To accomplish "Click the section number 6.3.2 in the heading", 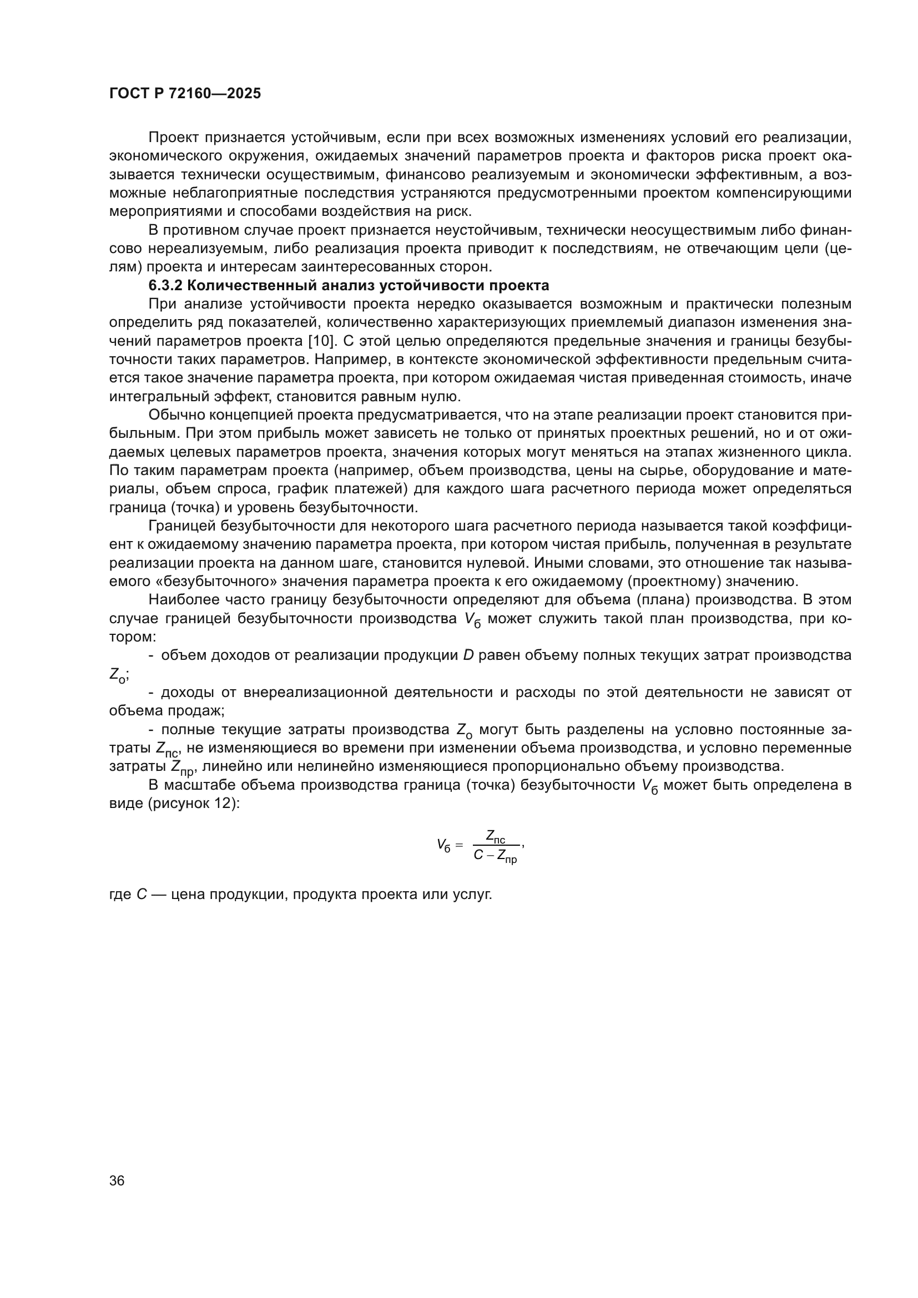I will pos(165,285).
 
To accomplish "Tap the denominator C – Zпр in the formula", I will pos(495,856).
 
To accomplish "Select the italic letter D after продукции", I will pos(468,655).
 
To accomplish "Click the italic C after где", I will pos(142,895).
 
